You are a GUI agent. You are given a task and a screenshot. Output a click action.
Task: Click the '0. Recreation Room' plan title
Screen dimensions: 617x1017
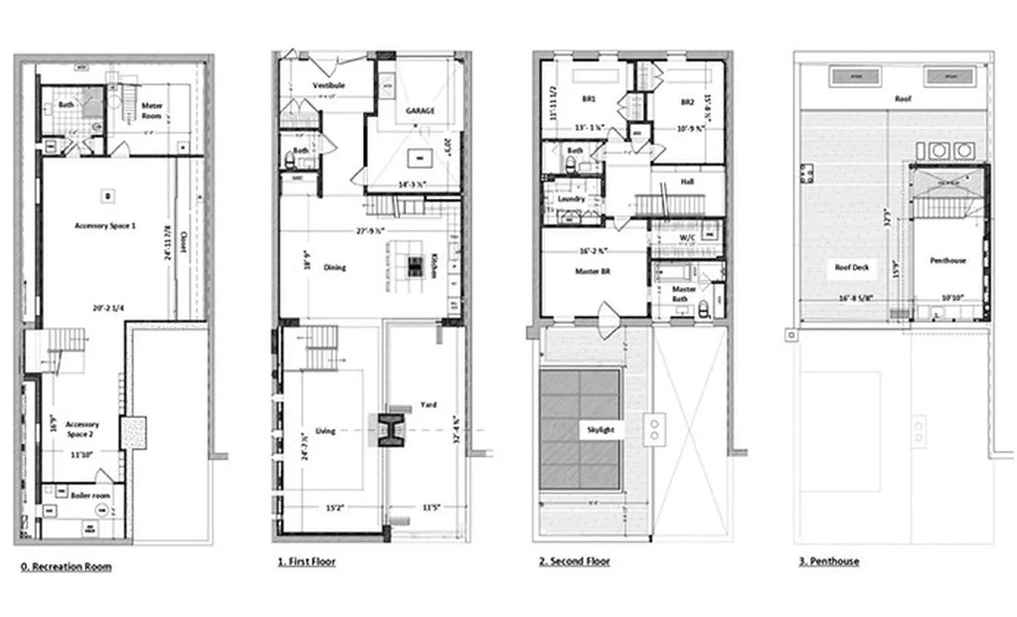(66, 567)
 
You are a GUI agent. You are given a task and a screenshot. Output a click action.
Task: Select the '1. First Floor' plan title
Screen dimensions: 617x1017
(307, 562)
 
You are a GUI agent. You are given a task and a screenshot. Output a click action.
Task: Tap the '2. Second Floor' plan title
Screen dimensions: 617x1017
(574, 561)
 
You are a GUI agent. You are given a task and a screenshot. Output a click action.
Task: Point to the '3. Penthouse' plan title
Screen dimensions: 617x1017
(829, 561)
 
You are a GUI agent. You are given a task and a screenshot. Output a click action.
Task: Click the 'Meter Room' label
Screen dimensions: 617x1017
(151, 111)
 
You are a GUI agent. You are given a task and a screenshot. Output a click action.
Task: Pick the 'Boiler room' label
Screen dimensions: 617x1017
(90, 495)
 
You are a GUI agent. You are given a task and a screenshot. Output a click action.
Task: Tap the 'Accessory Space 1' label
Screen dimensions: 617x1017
(106, 225)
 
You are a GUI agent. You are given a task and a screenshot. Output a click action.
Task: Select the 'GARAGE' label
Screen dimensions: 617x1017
(420, 110)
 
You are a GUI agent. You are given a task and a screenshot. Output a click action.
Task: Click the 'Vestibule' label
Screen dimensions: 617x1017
(328, 85)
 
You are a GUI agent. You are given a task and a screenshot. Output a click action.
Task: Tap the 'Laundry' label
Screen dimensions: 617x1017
(571, 199)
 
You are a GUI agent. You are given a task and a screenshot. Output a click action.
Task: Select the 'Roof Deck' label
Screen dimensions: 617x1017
(852, 268)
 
